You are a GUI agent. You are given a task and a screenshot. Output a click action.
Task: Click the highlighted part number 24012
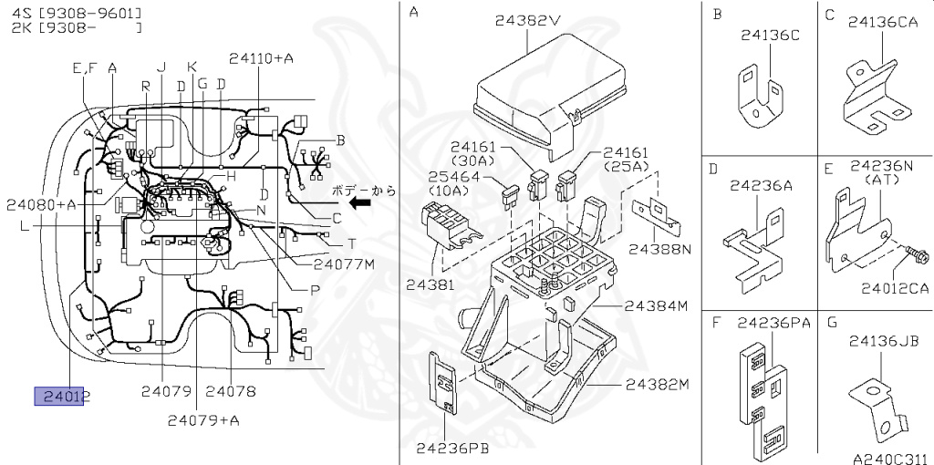[62, 396]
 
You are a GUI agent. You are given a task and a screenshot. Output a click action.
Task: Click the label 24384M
[655, 306]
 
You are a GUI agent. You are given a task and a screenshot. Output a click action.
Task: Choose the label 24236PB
[453, 448]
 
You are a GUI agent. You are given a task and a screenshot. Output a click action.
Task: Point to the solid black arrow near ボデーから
[362, 204]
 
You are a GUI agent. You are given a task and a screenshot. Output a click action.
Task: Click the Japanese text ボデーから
[365, 191]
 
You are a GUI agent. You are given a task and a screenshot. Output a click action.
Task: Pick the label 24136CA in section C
[882, 21]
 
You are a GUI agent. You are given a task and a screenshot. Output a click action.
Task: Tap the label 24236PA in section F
[773, 322]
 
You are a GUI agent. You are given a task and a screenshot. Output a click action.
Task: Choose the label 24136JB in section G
[883, 341]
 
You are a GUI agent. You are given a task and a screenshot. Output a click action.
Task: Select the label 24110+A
[261, 58]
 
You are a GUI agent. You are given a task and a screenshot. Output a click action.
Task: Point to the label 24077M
[344, 264]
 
